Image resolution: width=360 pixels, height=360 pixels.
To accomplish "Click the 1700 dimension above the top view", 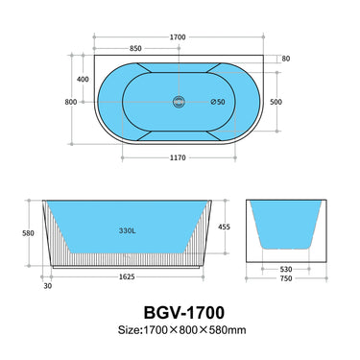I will [177, 36].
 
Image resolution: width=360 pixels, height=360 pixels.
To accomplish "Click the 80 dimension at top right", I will [285, 59].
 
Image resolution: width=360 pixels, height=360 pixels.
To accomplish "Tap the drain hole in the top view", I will [177, 100].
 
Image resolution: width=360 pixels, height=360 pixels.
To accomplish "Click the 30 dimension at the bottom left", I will [47, 285].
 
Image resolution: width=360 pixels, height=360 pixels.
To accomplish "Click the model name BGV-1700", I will [180, 314].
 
